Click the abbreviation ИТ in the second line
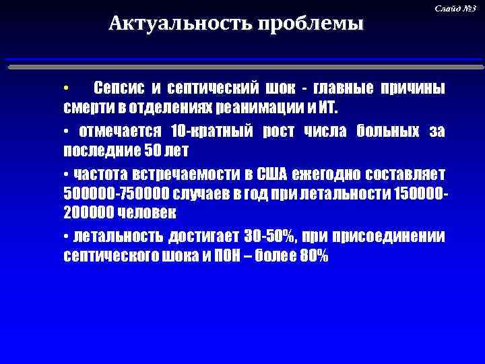[332, 109]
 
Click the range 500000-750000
[115, 193]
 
